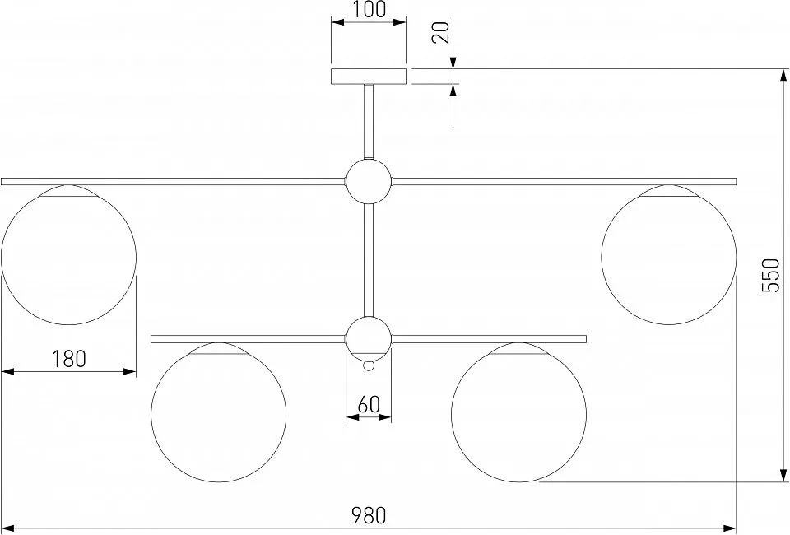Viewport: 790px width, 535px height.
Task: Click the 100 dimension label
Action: tap(369, 10)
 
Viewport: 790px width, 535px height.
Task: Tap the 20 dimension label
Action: tap(441, 33)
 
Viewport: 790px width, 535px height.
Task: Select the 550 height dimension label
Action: tap(771, 275)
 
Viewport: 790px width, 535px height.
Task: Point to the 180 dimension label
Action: tap(69, 359)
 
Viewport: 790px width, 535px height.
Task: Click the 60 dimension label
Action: tap(369, 404)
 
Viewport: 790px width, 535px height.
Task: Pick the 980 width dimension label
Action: tap(369, 515)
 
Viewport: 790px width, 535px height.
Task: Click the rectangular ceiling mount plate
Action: tap(369, 76)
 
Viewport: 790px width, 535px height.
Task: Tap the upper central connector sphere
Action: tap(369, 181)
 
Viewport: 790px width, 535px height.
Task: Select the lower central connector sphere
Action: tap(369, 338)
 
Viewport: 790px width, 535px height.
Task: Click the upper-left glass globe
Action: tap(69, 255)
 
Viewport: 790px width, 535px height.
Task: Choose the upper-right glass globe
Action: tap(668, 255)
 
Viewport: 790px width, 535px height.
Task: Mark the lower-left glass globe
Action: tap(219, 412)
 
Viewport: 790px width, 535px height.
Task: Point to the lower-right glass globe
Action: tap(519, 412)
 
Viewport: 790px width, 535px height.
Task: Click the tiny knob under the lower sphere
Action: tap(369, 366)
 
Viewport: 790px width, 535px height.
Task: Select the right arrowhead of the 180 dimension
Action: tap(129, 372)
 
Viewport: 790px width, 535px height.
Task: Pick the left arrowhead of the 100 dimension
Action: tap(338, 21)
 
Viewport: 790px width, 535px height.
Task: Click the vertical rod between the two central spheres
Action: tap(369, 260)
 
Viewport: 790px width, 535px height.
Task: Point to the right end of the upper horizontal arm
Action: tap(737, 181)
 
